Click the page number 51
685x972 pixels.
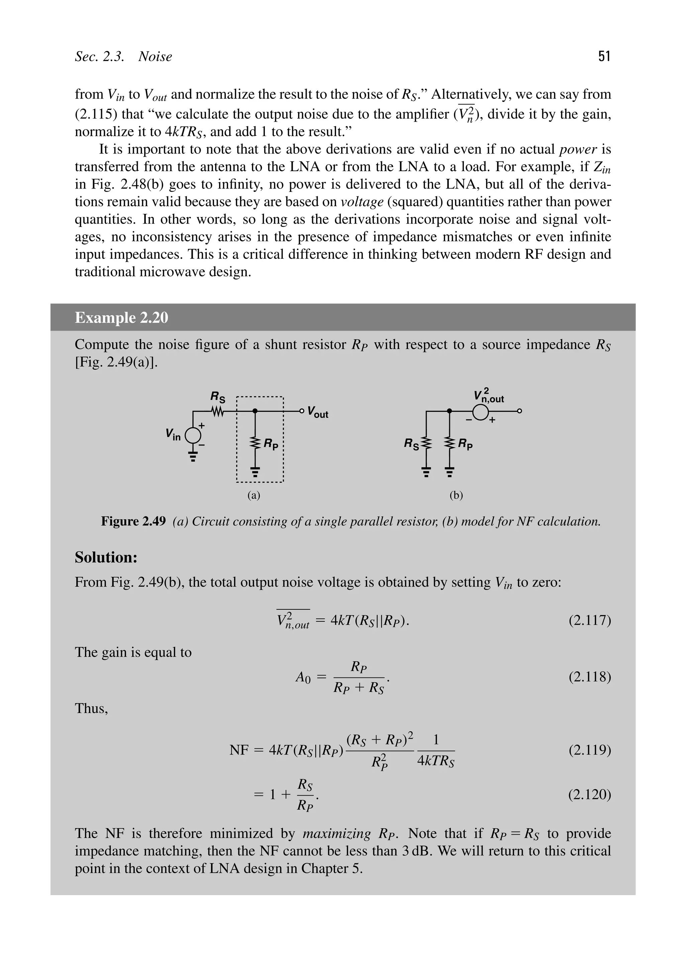coord(604,56)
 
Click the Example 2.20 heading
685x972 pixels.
coord(121,318)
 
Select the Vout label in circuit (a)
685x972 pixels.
coord(318,412)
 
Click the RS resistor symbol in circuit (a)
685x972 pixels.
coord(217,411)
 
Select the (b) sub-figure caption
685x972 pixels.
coord(456,495)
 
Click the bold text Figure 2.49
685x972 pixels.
coord(133,521)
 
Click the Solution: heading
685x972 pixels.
coord(106,558)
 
